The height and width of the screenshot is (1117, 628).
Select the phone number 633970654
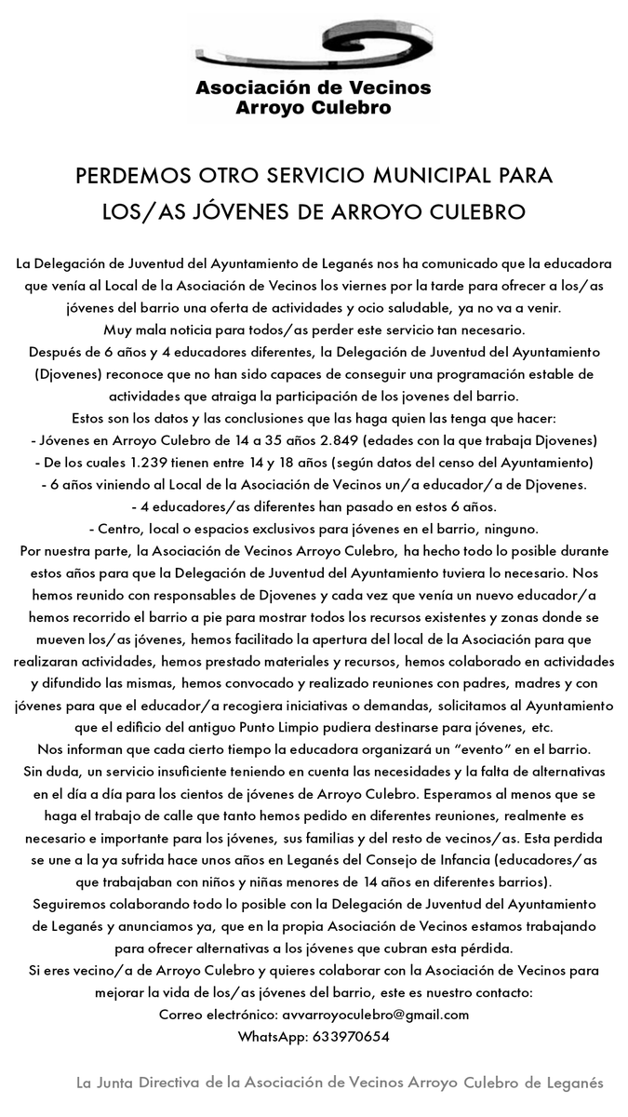(352, 1037)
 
